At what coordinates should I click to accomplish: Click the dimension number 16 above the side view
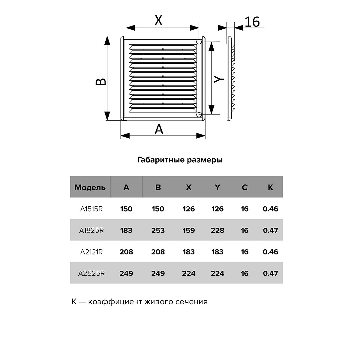pos(252,22)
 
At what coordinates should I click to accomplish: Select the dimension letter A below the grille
pos(159,130)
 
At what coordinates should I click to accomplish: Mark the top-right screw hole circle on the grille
pos(199,41)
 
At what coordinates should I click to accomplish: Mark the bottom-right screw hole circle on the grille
pos(199,115)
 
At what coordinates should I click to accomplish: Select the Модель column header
pos(90,187)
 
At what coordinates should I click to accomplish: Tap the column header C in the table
pos(244,187)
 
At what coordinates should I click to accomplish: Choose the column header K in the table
pos(270,187)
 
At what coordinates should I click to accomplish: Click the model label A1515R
pos(91,209)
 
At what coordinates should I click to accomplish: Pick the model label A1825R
pos(91,230)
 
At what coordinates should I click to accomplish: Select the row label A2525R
pos(91,273)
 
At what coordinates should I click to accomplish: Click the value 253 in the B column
pos(158,230)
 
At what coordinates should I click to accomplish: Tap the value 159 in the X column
pos(189,230)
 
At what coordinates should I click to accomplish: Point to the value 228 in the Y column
pos(217,230)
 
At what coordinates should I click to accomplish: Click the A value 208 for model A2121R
pos(126,252)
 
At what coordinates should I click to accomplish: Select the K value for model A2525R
pos(270,273)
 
